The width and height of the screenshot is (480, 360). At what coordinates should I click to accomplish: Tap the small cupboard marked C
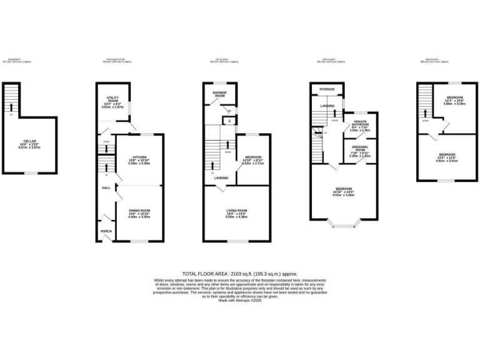pos(229,120)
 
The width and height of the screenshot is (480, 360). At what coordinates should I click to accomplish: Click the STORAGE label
pos(328,89)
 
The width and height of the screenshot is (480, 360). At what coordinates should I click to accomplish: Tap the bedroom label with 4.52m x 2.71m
pos(253,157)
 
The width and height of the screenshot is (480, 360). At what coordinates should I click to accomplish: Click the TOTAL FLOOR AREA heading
pos(240,274)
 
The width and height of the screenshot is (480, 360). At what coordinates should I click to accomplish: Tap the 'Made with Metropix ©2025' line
pos(240,301)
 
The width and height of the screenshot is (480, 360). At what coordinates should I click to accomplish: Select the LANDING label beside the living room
pos(221,178)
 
